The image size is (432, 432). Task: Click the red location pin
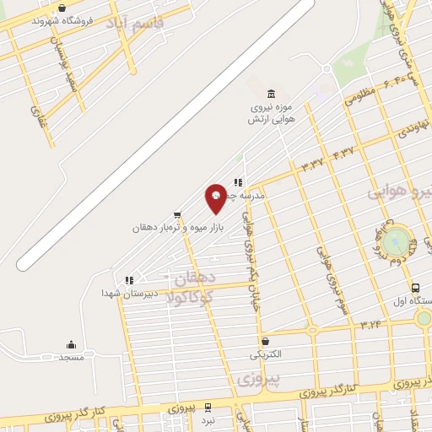(x=216, y=197)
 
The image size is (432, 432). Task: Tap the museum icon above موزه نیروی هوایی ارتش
(x=270, y=93)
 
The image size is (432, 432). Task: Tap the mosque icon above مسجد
(x=71, y=343)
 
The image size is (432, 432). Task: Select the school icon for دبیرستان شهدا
(x=128, y=280)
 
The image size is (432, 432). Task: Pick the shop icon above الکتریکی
(x=266, y=341)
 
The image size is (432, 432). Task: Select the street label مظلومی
(x=359, y=98)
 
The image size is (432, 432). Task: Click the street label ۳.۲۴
(x=370, y=324)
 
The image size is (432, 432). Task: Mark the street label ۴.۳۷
(x=344, y=153)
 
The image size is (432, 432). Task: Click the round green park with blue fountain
(x=394, y=240)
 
